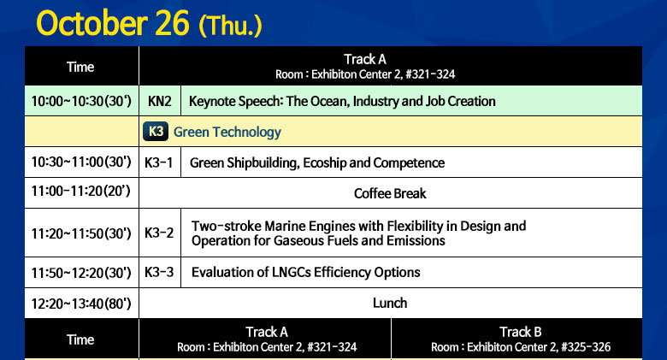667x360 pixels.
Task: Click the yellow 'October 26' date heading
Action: click(113, 23)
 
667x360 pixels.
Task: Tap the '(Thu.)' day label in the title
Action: click(230, 26)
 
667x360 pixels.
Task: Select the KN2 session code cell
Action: click(160, 101)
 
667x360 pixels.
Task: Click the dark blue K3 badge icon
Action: click(156, 132)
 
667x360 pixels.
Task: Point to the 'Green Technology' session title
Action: click(227, 132)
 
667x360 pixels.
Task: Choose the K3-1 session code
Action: click(159, 162)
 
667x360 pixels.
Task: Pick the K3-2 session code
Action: click(159, 233)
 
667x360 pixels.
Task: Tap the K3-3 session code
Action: click(159, 272)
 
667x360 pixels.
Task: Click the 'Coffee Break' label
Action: click(390, 193)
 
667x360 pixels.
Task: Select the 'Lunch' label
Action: click(390, 303)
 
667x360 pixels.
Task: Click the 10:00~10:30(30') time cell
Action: click(81, 101)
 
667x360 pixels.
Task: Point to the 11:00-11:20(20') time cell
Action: click(81, 191)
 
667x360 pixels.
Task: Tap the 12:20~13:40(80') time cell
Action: click(81, 304)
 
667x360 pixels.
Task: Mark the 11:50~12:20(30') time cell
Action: click(81, 273)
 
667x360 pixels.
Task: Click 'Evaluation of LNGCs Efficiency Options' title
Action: click(306, 272)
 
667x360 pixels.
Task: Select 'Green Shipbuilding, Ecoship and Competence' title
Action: click(317, 163)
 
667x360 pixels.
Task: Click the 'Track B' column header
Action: click(521, 332)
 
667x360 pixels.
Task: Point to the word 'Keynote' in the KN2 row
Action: click(213, 101)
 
